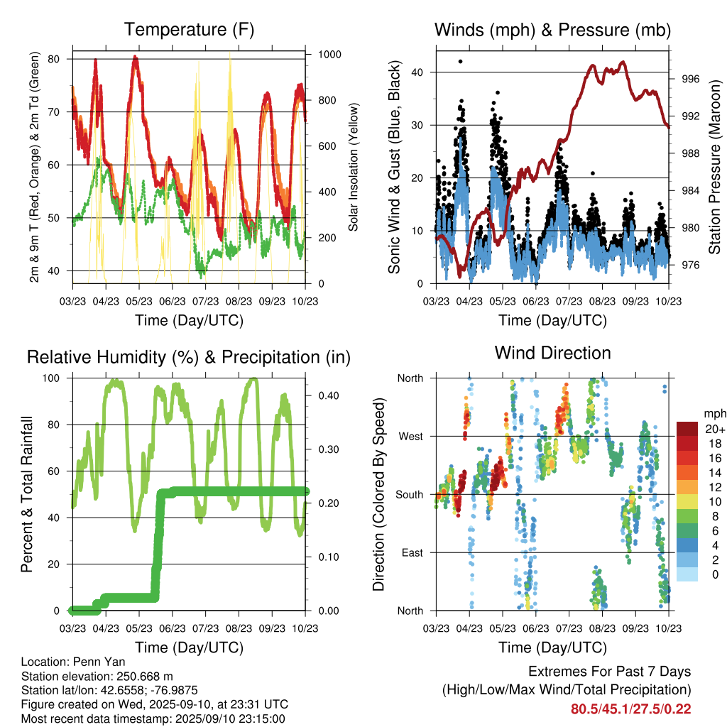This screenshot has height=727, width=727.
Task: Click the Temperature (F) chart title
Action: (x=189, y=30)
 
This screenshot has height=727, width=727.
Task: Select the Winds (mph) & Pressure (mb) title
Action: (x=552, y=30)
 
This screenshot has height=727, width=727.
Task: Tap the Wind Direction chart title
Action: (x=552, y=352)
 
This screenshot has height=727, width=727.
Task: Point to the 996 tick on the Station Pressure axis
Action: (x=690, y=79)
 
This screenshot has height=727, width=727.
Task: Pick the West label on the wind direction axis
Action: (x=410, y=436)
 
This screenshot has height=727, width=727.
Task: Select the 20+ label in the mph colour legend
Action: (x=714, y=429)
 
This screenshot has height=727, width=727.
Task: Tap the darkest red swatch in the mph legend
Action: (x=687, y=429)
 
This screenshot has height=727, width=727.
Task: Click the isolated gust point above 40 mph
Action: (x=461, y=62)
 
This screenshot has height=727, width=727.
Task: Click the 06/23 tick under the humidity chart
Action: (x=173, y=629)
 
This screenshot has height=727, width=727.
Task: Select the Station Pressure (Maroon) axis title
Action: (x=715, y=168)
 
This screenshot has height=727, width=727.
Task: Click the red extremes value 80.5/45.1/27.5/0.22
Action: (x=630, y=709)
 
